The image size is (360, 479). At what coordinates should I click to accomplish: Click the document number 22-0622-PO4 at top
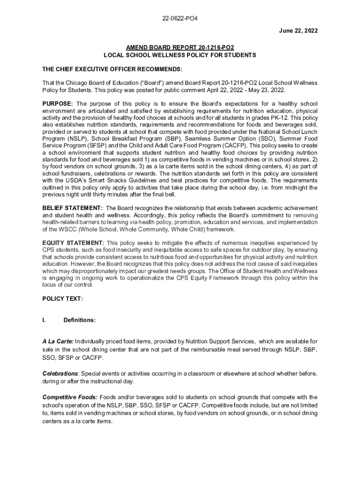(180, 19)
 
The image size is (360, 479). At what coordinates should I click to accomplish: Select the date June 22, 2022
(292, 31)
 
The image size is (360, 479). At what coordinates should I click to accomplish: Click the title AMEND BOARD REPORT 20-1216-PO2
(180, 48)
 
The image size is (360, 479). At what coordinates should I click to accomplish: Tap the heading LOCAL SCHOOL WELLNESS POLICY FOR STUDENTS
(180, 55)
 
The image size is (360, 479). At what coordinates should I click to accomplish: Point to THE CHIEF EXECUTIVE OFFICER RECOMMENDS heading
(112, 69)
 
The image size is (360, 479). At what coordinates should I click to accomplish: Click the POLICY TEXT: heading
(62, 298)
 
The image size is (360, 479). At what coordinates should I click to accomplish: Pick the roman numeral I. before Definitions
(44, 320)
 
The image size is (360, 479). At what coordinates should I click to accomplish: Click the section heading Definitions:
(79, 320)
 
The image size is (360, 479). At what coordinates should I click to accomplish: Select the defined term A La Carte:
(58, 341)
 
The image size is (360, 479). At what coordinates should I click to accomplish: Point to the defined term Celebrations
(60, 374)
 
